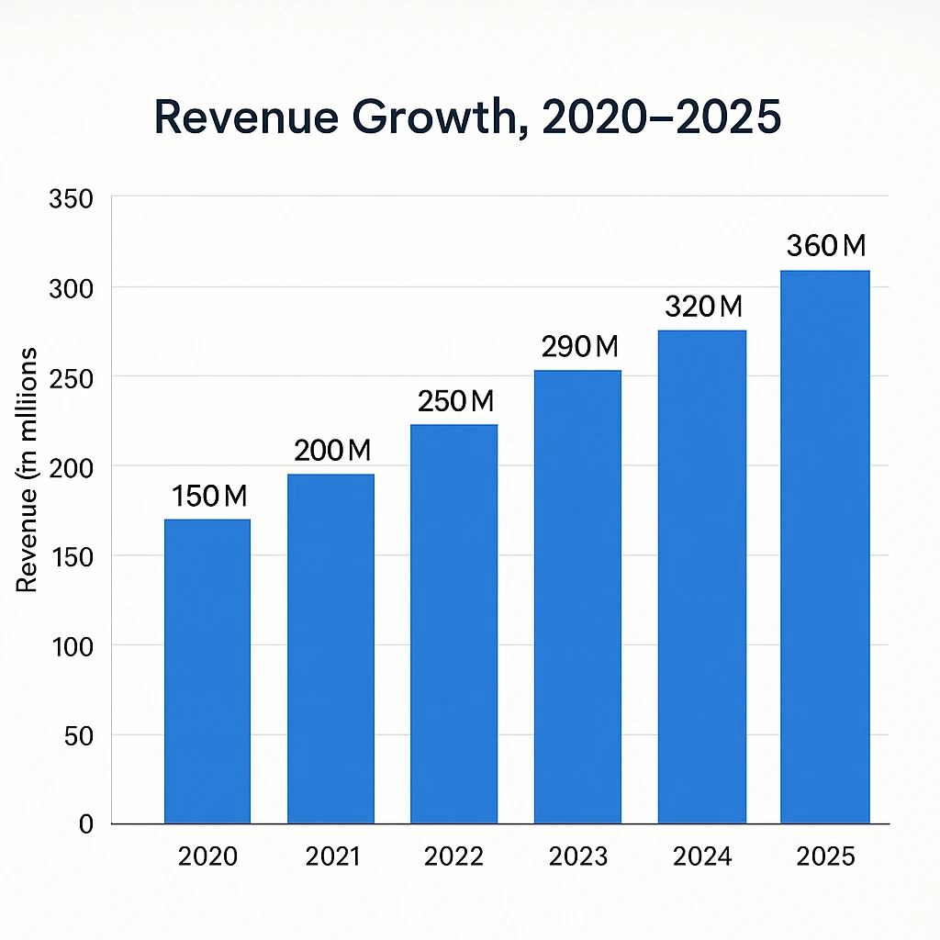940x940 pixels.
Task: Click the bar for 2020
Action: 207,671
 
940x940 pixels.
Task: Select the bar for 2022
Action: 453,623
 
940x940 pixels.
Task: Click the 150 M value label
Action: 209,497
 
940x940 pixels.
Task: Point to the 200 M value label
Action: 331,451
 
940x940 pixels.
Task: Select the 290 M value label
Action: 580,347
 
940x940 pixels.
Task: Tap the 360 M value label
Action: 826,246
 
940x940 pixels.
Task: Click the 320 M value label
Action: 703,307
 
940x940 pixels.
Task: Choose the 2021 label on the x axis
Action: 331,856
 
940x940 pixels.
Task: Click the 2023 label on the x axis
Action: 578,856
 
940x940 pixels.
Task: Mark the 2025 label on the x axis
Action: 825,856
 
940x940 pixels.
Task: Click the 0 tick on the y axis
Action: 86,824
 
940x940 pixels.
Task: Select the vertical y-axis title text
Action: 28,469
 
